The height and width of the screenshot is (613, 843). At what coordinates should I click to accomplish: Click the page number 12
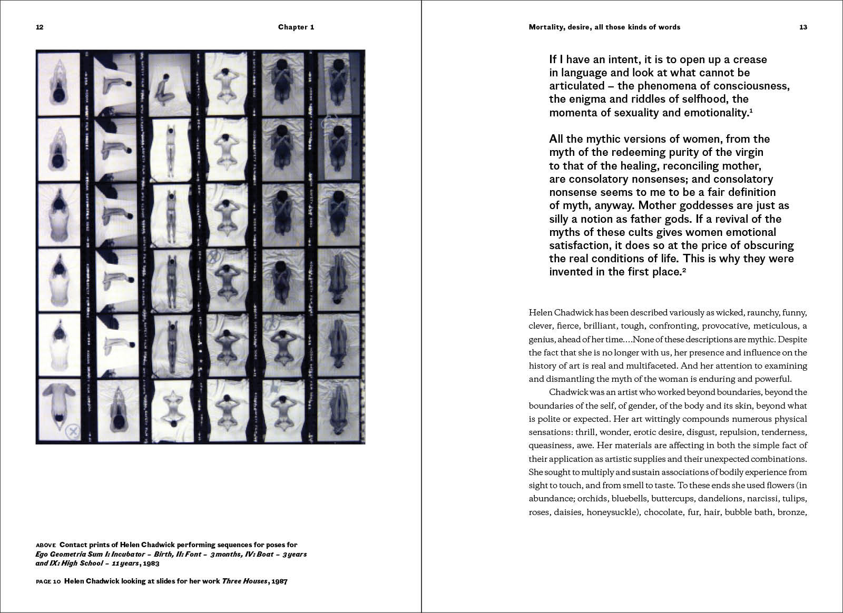tap(40, 27)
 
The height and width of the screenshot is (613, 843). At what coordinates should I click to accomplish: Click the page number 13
tap(803, 27)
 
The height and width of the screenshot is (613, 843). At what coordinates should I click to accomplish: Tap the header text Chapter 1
tap(296, 27)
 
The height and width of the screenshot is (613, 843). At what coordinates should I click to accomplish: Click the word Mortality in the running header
tap(544, 27)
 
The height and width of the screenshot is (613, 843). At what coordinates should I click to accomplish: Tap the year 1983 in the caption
tap(150, 563)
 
